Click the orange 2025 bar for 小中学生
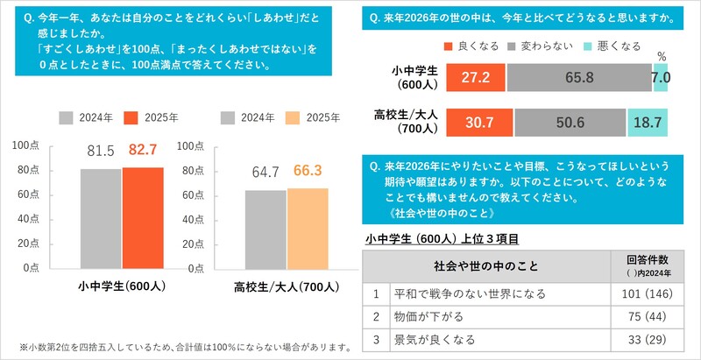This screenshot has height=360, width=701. (x=143, y=217)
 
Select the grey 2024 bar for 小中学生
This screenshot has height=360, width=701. (x=101, y=218)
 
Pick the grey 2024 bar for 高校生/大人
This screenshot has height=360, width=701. (x=266, y=229)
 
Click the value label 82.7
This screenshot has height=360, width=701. (x=142, y=152)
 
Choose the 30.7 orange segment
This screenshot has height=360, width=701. (x=479, y=122)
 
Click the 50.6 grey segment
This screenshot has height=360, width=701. (x=570, y=122)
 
